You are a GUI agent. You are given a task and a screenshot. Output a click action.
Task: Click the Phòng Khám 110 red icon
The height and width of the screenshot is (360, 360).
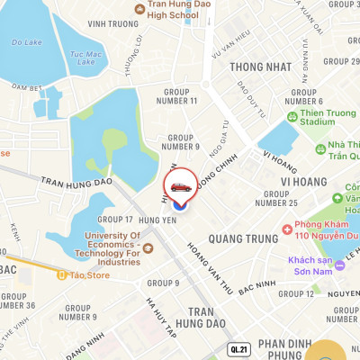click(x=286, y=229)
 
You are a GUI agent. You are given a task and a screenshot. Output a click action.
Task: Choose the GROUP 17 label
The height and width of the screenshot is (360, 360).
click(x=115, y=219)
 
